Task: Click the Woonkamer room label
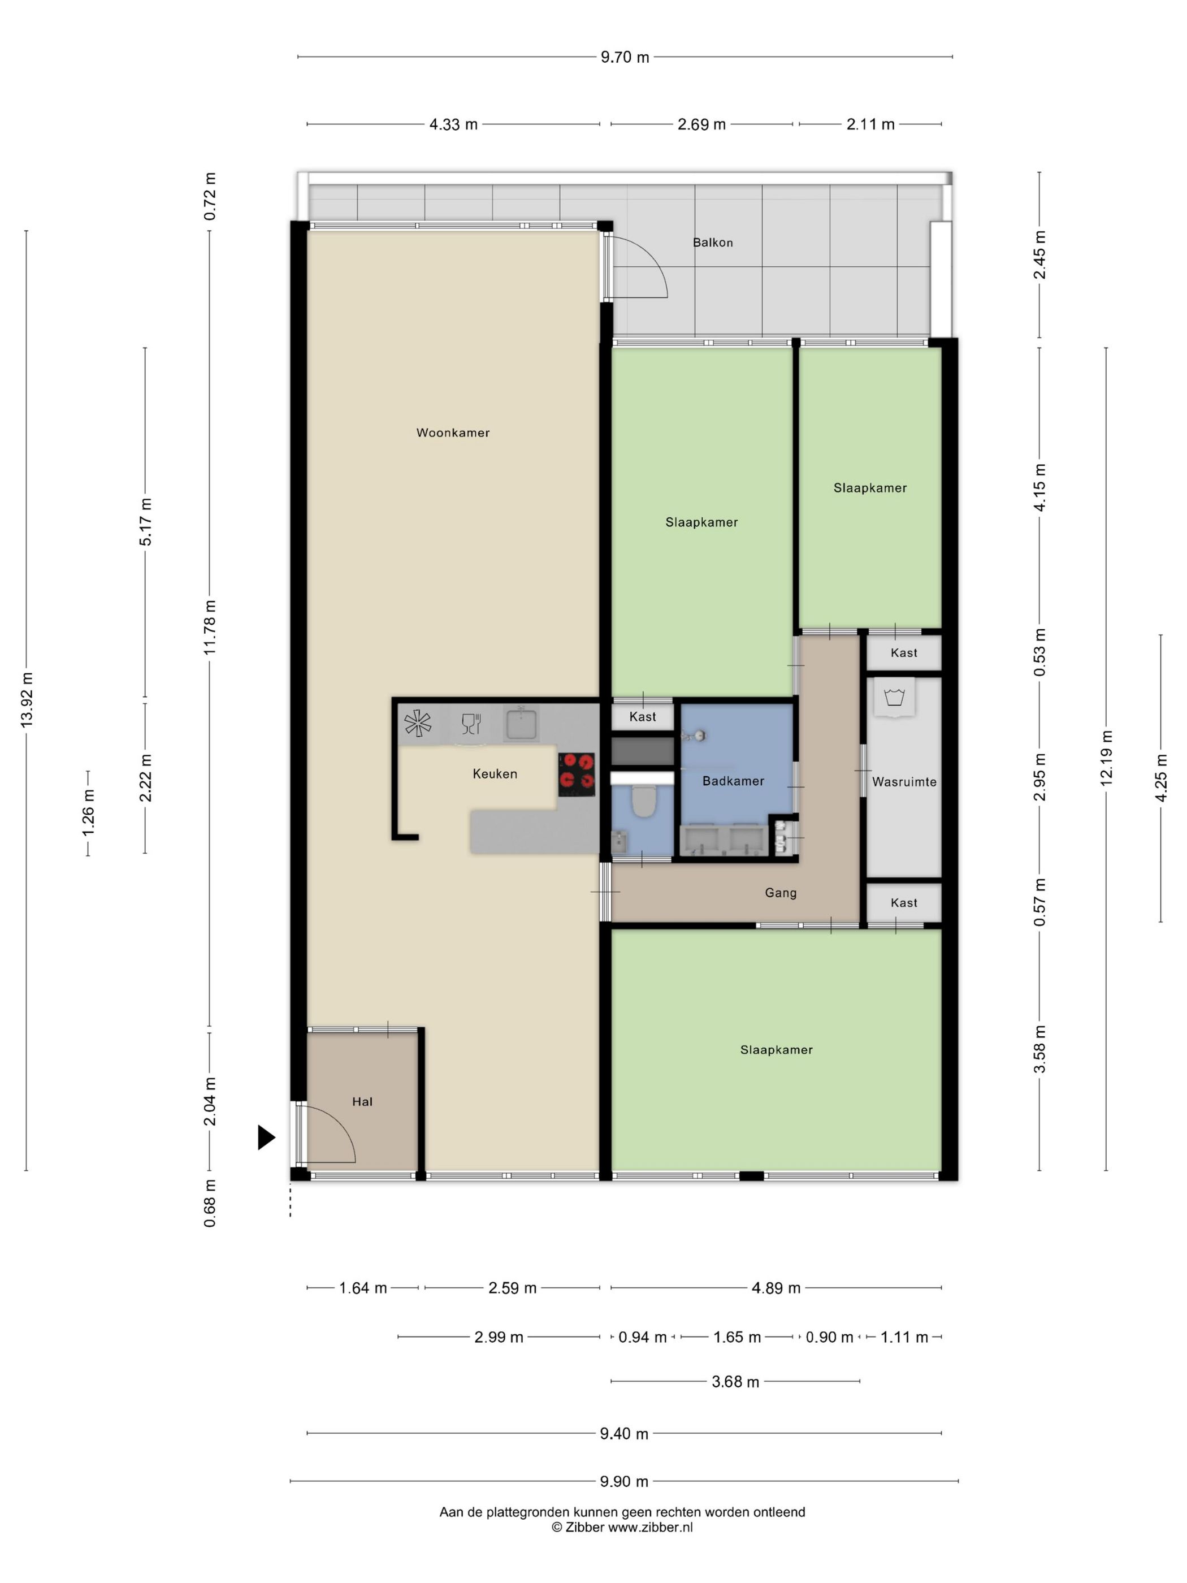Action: pyautogui.click(x=453, y=433)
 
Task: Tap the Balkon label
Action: pyautogui.click(x=713, y=243)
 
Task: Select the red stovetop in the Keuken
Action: pyautogui.click(x=577, y=775)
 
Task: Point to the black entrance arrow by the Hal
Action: pyautogui.click(x=266, y=1137)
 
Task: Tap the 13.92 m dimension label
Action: pyautogui.click(x=27, y=700)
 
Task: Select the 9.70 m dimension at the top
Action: pyautogui.click(x=625, y=57)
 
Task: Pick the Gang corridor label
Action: pyautogui.click(x=781, y=893)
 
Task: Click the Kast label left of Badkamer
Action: pyautogui.click(x=643, y=716)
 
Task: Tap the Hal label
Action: pyautogui.click(x=362, y=1102)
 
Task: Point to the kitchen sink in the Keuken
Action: pyautogui.click(x=522, y=724)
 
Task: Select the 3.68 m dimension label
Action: pyautogui.click(x=735, y=1382)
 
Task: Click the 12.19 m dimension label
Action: pyautogui.click(x=1107, y=759)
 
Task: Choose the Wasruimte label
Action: pyautogui.click(x=904, y=782)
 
